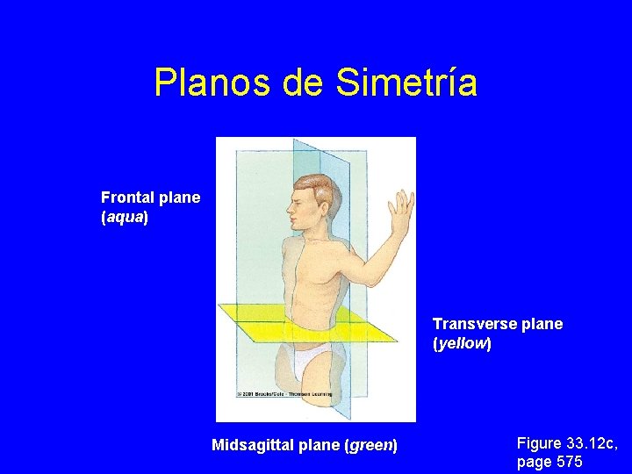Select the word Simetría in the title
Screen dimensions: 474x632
406,83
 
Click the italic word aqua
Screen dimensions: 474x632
125,217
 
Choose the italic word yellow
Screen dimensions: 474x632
462,343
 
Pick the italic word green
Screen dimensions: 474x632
371,446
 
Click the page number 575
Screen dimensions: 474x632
568,462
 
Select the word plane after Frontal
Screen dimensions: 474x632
180,197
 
